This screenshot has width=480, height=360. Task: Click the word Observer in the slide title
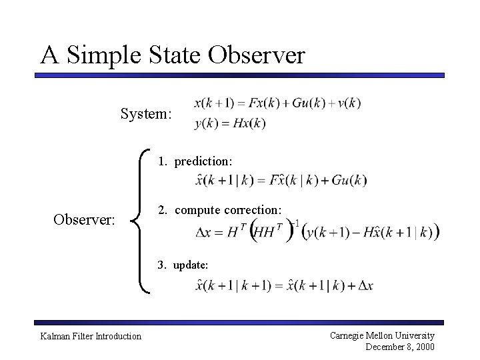[x=256, y=55]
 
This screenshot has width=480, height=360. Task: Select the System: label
[x=146, y=114]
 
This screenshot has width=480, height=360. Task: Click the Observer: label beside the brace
[x=85, y=219]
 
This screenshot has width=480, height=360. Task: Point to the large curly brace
[x=141, y=221]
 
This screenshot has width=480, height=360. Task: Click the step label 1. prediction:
[x=195, y=161]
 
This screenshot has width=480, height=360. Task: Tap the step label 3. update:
[x=183, y=265]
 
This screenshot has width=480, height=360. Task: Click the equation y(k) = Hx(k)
[x=230, y=123]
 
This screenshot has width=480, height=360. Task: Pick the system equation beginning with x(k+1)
[x=277, y=103]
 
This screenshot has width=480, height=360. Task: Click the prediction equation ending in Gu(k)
[x=281, y=180]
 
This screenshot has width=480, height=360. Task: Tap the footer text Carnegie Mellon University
[x=382, y=335]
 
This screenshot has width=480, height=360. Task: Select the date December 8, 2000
[x=400, y=347]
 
